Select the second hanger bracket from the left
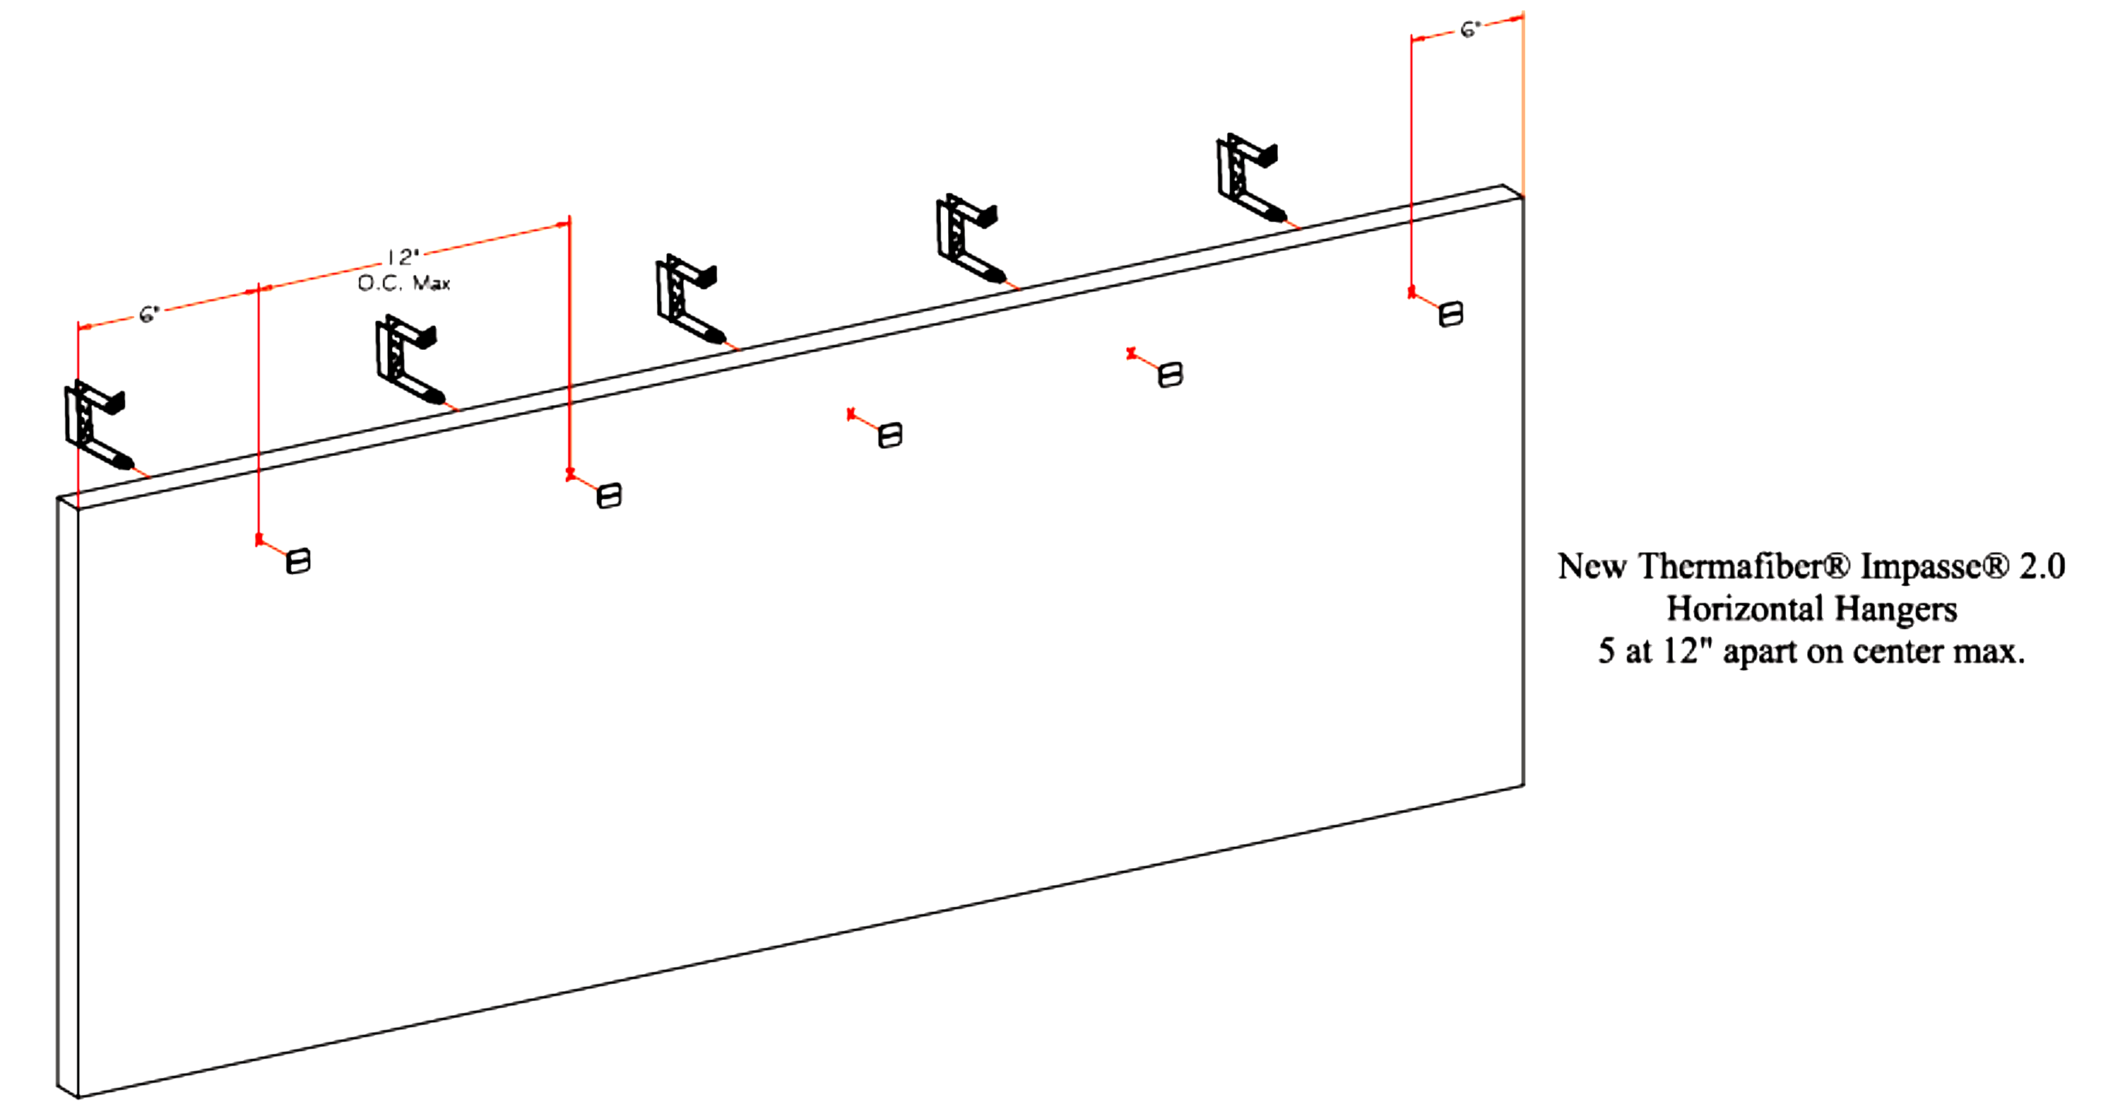407,360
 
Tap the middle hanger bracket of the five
686,298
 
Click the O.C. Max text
404,283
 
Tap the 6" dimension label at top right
1470,29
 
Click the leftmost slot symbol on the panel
297,562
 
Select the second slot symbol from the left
609,495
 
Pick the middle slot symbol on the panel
890,435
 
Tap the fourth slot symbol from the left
1170,375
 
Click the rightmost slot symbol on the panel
1451,314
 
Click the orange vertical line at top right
1523,107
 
